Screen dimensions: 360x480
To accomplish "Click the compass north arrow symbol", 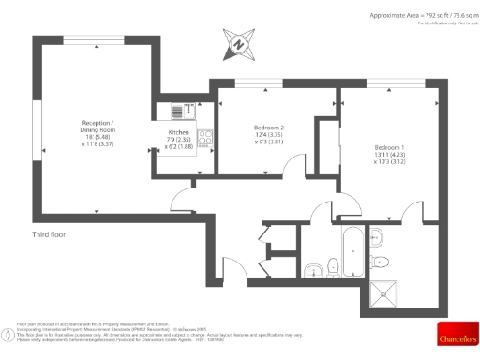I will (x=239, y=43).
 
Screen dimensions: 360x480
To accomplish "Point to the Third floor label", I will (x=50, y=233).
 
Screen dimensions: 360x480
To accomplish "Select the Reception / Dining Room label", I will (x=97, y=127).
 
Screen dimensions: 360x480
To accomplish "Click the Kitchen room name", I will (x=178, y=146).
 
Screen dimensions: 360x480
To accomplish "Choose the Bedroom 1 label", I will (x=389, y=147).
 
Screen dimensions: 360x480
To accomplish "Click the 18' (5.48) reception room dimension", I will (x=97, y=138).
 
